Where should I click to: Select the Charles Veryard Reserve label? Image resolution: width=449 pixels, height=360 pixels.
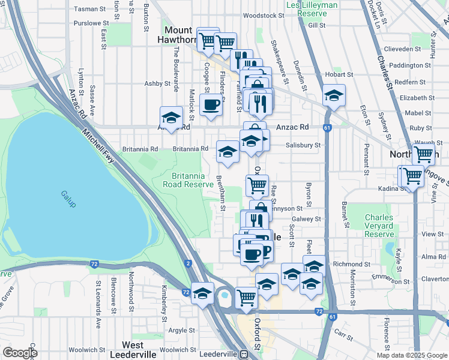pos(379,226)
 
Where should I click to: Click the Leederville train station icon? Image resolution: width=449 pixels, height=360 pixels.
pos(245,354)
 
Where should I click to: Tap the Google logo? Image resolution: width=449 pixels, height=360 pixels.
pos(20,353)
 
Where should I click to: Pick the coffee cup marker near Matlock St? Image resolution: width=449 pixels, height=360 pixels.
pos(211,104)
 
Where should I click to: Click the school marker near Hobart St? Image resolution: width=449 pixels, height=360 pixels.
pos(334,95)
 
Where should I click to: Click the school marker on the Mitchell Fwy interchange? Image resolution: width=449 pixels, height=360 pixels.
pos(202,293)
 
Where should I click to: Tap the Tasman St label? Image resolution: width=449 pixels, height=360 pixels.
pos(89,9)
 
